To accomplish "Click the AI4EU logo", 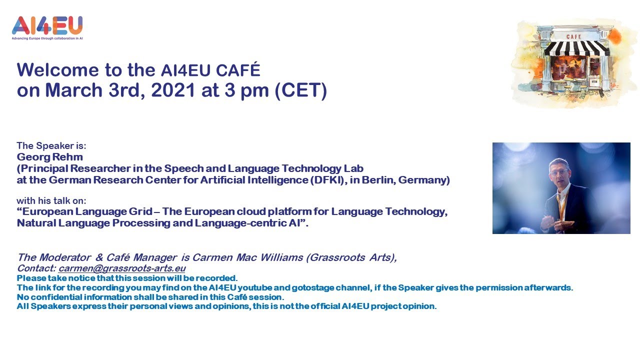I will click(x=47, y=26).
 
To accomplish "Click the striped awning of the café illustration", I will click(x=576, y=48).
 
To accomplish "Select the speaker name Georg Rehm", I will click(x=49, y=157).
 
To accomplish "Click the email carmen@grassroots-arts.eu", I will click(x=122, y=268).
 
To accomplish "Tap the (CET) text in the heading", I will click(x=301, y=90).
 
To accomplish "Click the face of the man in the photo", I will click(x=558, y=171).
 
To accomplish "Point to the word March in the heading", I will click(x=77, y=90).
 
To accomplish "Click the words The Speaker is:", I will click(x=51, y=146).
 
